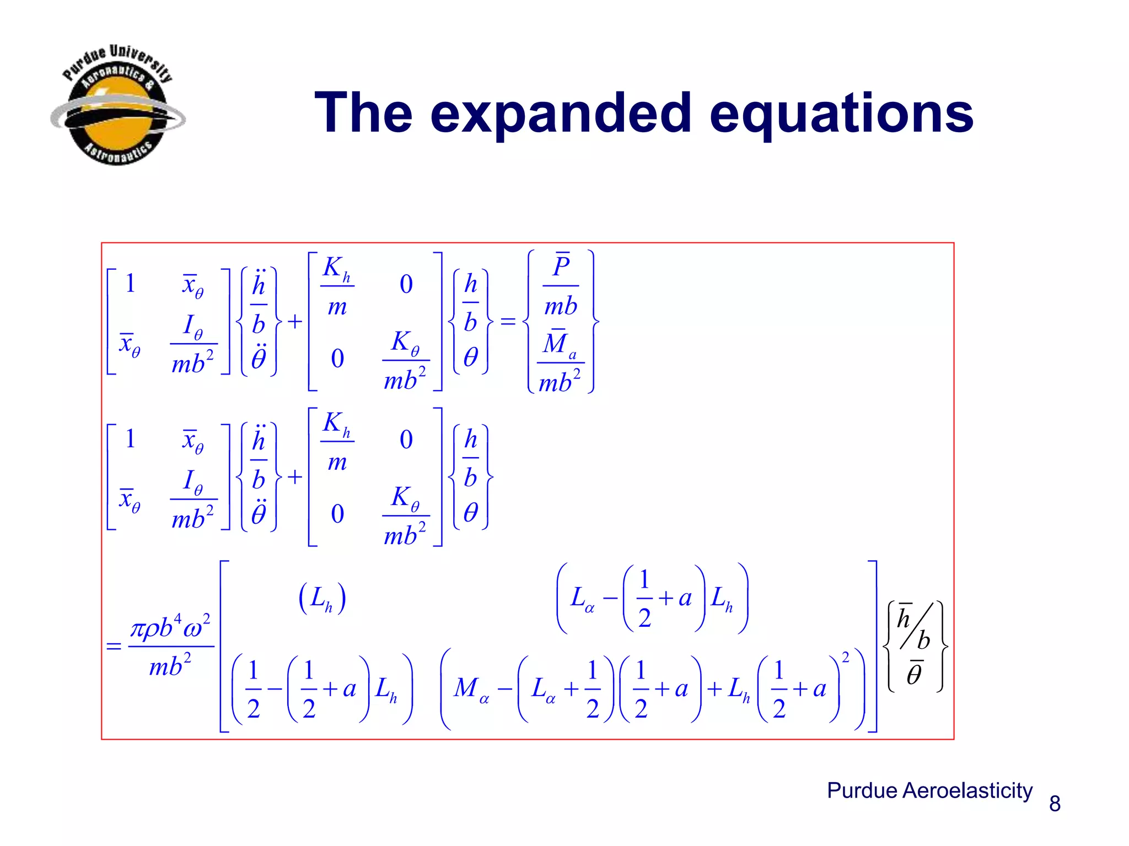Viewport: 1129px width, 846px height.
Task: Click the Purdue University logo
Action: click(117, 105)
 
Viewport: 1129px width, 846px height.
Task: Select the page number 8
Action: click(1055, 804)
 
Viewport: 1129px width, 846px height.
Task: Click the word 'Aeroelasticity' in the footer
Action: click(967, 790)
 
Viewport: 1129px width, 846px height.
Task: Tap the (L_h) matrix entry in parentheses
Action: click(322, 599)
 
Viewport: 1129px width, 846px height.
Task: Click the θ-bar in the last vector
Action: click(915, 673)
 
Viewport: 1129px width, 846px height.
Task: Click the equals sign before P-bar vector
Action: click(508, 321)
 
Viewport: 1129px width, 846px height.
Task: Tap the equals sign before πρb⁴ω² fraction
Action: click(114, 646)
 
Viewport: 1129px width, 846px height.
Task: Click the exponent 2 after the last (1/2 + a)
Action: click(846, 657)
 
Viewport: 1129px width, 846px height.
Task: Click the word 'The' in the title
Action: click(363, 114)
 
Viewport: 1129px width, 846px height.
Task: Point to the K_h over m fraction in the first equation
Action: click(337, 286)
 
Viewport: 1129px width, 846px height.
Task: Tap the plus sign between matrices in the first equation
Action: click(295, 321)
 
